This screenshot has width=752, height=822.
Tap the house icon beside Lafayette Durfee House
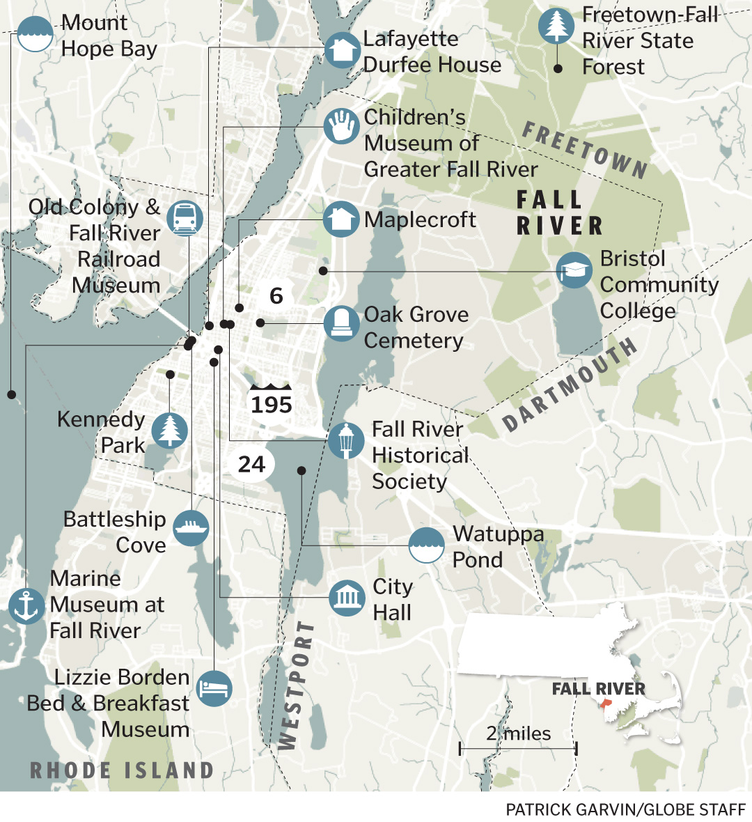pyautogui.click(x=341, y=50)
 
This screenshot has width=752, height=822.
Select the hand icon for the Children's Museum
pyautogui.click(x=341, y=127)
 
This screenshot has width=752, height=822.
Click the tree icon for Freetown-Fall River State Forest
pyautogui.click(x=556, y=26)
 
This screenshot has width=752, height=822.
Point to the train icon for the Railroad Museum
pyautogui.click(x=185, y=217)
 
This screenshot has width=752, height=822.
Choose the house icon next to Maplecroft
pyautogui.click(x=341, y=219)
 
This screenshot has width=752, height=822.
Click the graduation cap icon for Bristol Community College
pyautogui.click(x=574, y=271)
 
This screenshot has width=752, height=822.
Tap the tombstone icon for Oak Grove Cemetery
pyautogui.click(x=341, y=323)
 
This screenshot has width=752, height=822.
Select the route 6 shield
pyautogui.click(x=276, y=295)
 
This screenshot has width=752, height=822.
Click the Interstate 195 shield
pyautogui.click(x=272, y=401)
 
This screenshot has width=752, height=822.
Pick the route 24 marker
pyautogui.click(x=251, y=464)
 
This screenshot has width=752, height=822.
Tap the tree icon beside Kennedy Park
pyautogui.click(x=169, y=430)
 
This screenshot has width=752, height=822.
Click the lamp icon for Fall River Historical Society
pyautogui.click(x=346, y=440)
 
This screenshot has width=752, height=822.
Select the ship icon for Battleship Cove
pyautogui.click(x=191, y=527)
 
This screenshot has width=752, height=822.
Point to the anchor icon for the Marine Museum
pyautogui.click(x=26, y=606)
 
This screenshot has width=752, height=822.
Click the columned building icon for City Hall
pyautogui.click(x=347, y=597)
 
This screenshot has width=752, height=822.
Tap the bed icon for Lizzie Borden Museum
pyautogui.click(x=214, y=689)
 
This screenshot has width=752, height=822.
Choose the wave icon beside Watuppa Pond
pyautogui.click(x=426, y=545)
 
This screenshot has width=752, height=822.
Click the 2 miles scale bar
pyautogui.click(x=518, y=748)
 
